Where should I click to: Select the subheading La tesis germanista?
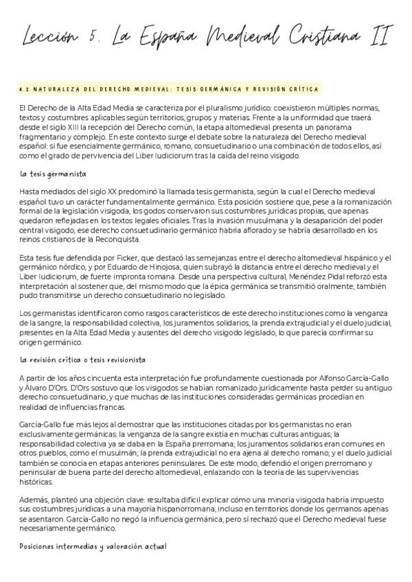point(47,174)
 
